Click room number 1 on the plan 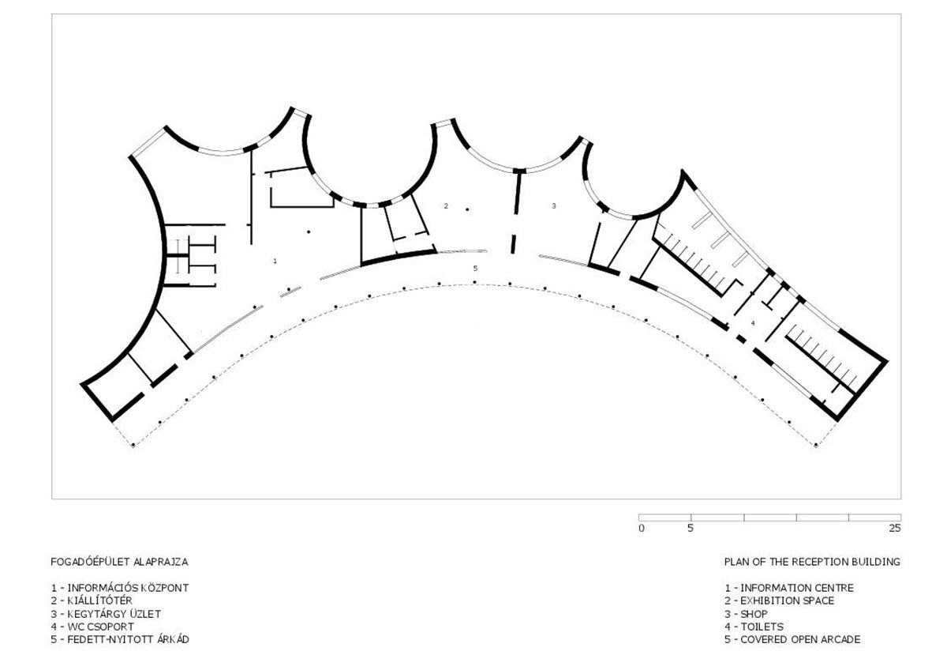point(275,261)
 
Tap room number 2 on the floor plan point(446,206)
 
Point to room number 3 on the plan point(554,206)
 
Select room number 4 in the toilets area point(753,323)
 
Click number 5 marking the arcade point(476,269)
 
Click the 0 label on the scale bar point(642,529)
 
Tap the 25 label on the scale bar point(895,529)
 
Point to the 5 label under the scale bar point(691,529)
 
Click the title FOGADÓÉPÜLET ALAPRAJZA point(120,562)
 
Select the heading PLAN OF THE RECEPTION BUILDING point(812,562)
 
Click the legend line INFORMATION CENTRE point(797,588)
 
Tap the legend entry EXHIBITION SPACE point(788,600)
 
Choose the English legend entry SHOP point(754,614)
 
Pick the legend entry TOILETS point(762,627)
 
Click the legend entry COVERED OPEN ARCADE point(800,639)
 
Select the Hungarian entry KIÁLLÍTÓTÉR point(99,600)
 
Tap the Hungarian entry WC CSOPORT point(101,627)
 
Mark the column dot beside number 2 point(467,209)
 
